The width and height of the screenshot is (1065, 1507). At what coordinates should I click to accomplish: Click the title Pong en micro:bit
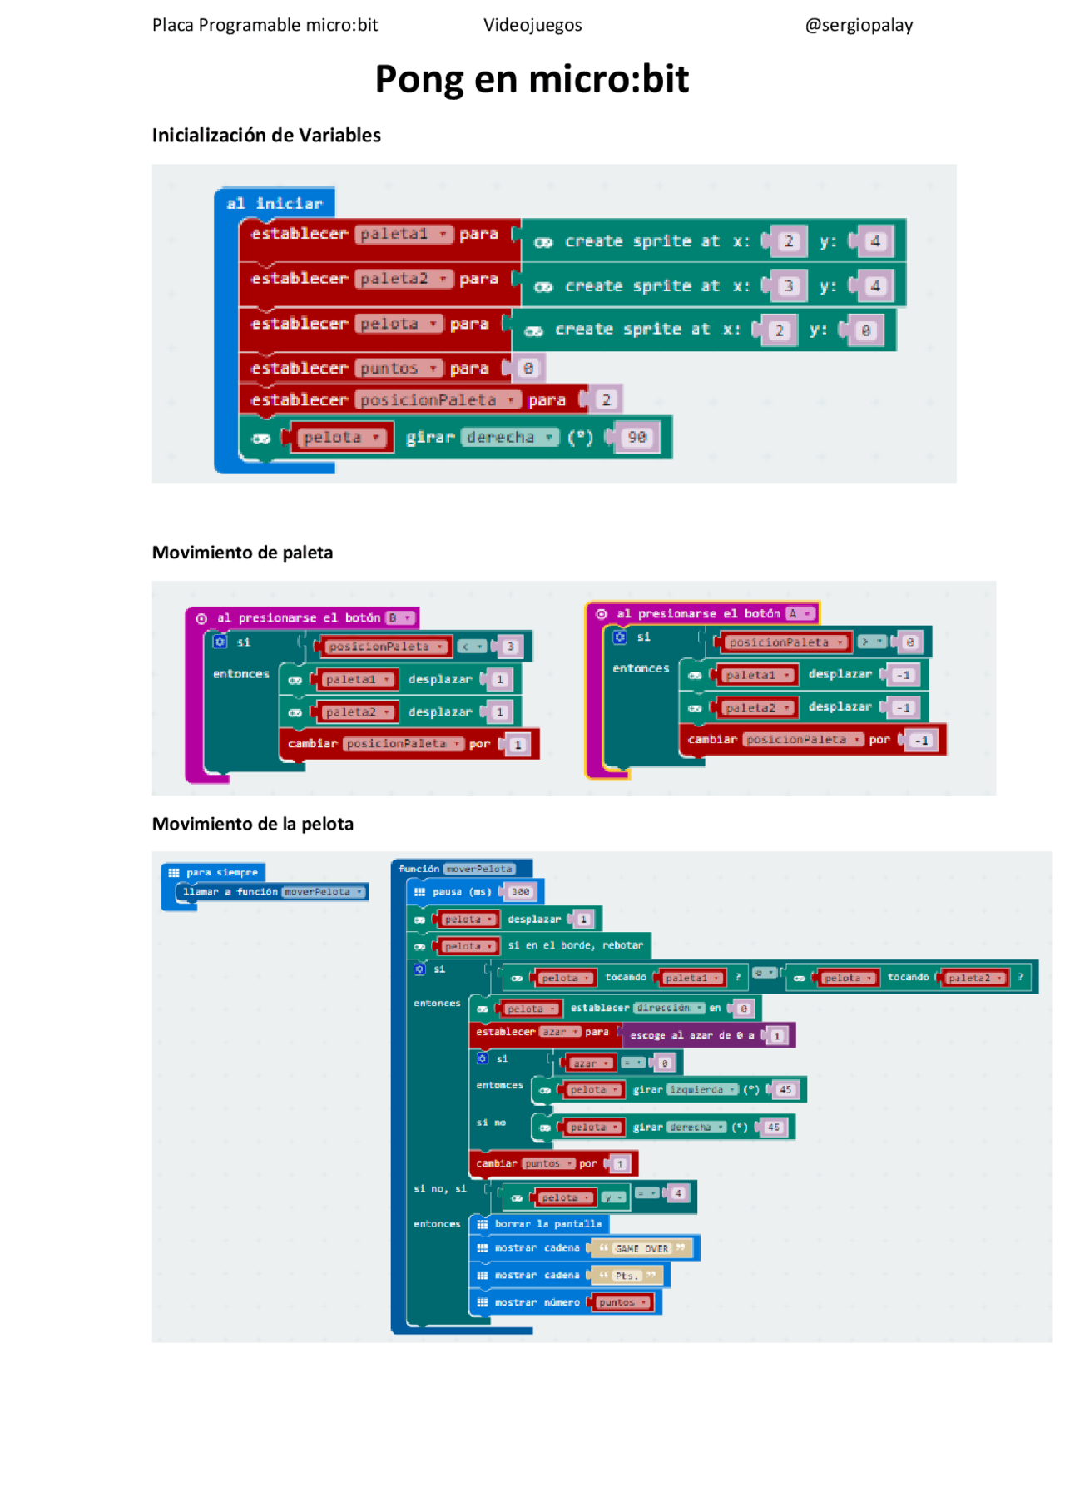(532, 79)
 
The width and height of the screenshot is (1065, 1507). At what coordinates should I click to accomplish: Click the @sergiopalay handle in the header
(859, 25)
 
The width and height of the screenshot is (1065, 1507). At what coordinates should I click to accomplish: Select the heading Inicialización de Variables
(266, 136)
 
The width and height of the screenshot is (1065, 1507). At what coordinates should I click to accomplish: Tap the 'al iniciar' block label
(274, 203)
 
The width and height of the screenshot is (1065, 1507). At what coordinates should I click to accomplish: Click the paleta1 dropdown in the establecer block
(404, 235)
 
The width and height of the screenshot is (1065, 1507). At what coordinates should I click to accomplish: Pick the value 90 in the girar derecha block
(637, 437)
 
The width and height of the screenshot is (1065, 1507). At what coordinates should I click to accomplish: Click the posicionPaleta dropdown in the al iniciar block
(438, 400)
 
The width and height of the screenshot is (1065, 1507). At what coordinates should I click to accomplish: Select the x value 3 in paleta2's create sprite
(788, 286)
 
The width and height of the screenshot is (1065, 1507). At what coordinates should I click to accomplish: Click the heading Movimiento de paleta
(242, 553)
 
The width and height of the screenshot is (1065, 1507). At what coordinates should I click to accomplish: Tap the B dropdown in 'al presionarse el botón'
(400, 617)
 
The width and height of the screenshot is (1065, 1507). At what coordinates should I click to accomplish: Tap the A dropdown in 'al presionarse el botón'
(800, 613)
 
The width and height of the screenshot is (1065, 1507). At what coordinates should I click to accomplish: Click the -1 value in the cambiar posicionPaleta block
(921, 740)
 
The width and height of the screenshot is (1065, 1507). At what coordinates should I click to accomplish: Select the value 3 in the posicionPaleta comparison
(510, 647)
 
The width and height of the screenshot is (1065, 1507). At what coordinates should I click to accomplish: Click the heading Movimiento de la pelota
(252, 824)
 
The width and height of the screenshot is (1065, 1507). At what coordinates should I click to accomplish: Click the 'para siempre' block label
(221, 872)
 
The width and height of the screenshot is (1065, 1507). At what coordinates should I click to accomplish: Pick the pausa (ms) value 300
(520, 891)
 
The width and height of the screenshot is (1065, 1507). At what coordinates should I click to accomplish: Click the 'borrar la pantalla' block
(547, 1223)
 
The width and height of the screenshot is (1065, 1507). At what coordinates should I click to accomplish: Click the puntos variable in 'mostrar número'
(621, 1302)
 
